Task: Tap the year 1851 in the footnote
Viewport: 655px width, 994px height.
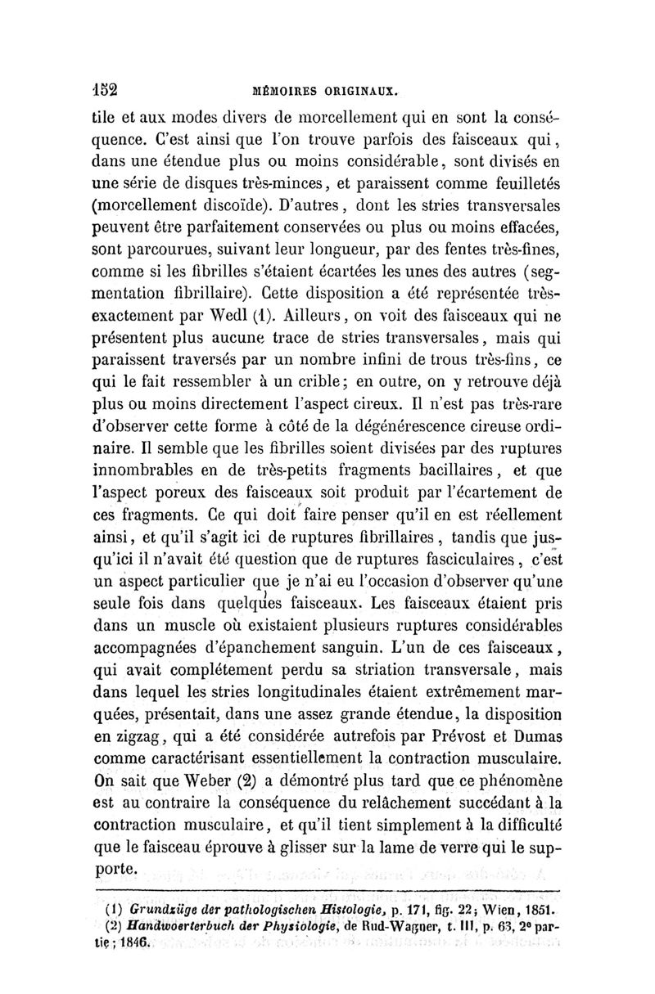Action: pyautogui.click(x=537, y=908)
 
